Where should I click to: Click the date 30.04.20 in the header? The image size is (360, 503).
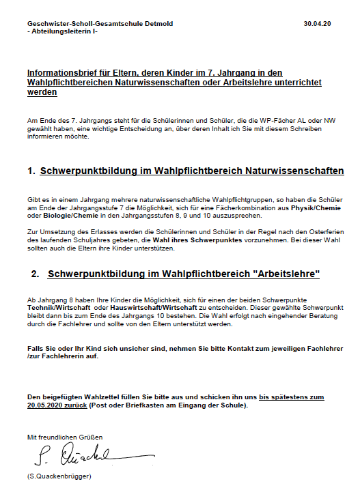(x=317, y=24)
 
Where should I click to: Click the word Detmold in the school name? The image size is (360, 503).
(x=157, y=24)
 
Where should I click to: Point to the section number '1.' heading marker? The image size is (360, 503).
(x=31, y=171)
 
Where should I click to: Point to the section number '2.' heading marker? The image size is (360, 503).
(x=36, y=274)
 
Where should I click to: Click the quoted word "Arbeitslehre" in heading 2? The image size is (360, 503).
(x=287, y=274)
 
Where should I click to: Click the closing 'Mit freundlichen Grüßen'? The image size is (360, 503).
(x=65, y=436)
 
